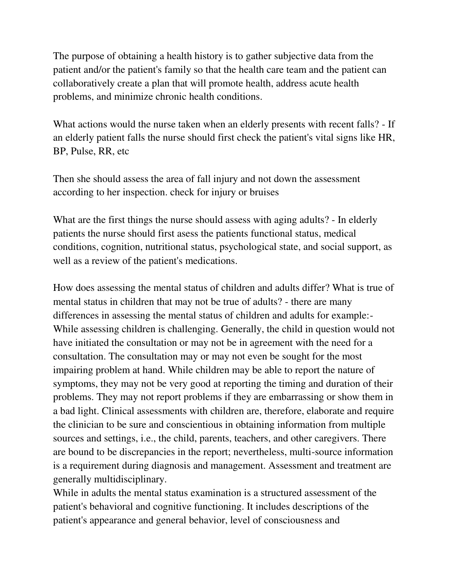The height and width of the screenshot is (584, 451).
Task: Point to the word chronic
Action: (172, 97)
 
